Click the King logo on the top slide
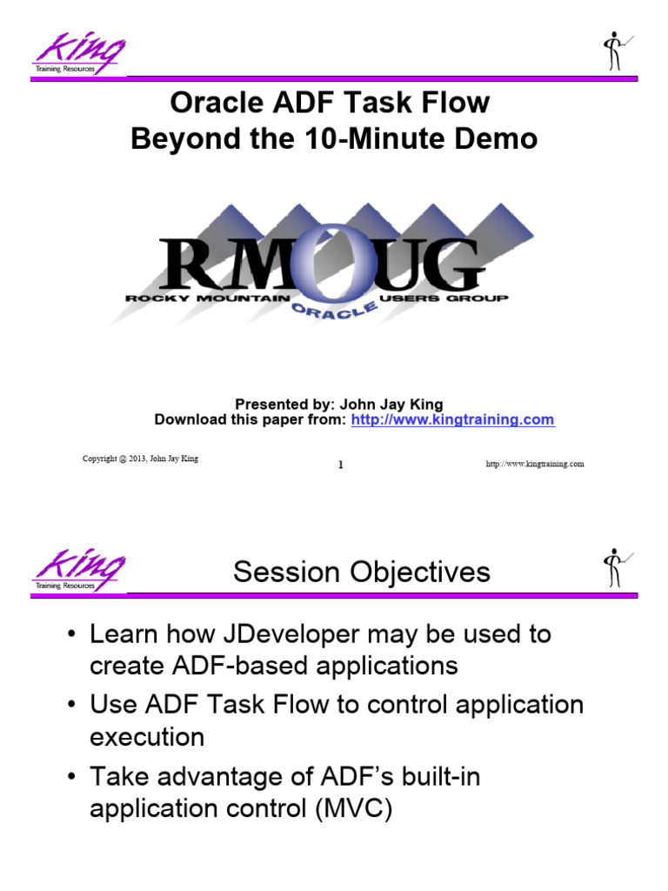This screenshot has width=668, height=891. click(x=79, y=54)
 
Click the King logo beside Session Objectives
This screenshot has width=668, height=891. click(x=79, y=571)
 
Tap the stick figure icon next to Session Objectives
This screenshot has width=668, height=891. click(x=617, y=567)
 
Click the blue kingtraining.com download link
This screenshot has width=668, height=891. click(x=451, y=419)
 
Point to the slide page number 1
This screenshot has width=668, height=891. click(x=340, y=465)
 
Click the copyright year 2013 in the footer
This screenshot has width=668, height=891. click(x=135, y=459)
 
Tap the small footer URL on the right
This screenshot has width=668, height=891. click(x=534, y=464)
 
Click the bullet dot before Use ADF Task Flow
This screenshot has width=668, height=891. click(x=73, y=705)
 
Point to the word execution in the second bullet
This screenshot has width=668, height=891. click(x=147, y=737)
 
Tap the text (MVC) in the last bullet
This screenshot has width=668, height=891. click(x=352, y=808)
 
